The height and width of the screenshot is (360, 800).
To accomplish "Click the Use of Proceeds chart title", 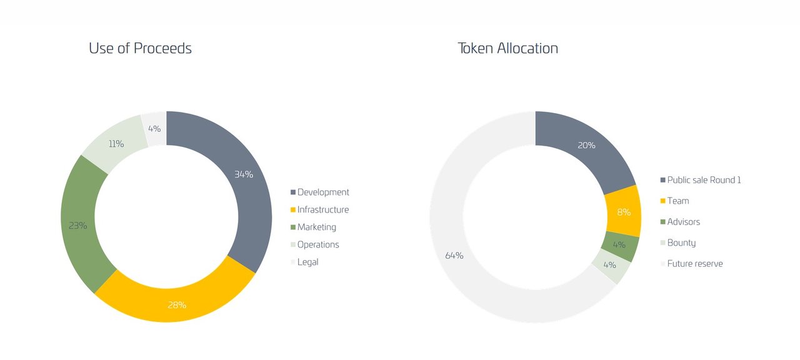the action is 140,49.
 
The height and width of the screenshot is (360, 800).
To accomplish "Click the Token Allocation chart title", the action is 508,49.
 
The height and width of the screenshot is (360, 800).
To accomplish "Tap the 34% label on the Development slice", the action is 244,174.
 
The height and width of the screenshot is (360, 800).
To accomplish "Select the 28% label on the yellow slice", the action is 177,305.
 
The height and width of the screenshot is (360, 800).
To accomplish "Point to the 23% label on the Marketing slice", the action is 78,226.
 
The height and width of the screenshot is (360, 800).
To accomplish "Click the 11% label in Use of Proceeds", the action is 116,144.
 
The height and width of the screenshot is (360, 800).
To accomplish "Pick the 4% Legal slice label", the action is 154,129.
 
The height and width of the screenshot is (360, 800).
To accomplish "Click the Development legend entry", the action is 319,192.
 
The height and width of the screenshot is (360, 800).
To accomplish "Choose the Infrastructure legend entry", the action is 319,209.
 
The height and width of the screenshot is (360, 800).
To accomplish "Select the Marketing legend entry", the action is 313,227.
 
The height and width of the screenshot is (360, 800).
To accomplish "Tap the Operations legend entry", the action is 314,244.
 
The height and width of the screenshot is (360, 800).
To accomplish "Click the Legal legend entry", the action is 304,262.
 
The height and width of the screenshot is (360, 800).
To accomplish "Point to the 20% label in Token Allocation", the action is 586,146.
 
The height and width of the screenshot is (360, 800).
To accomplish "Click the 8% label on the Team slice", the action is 624,212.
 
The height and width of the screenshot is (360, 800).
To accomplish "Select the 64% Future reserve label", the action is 454,256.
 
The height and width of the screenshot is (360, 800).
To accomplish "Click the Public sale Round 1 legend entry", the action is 701,180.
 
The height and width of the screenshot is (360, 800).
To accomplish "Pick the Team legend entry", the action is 674,201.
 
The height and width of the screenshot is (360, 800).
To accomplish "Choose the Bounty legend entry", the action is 678,243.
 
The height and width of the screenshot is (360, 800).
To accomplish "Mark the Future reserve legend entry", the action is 691,264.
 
